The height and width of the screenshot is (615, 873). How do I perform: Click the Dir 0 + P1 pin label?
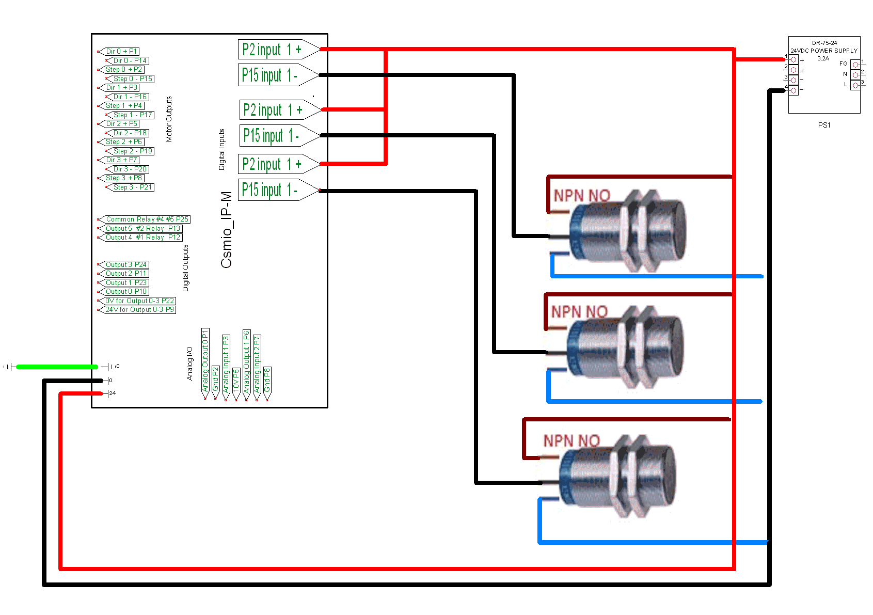coord(121,51)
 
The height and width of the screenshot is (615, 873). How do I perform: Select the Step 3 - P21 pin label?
coord(133,187)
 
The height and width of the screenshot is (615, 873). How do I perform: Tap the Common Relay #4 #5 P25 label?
coord(147,219)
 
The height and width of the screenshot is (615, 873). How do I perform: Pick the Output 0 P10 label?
coord(126,292)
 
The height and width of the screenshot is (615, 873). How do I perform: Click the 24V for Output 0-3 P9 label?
coord(139,310)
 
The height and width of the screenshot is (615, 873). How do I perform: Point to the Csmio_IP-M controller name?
coord(226,230)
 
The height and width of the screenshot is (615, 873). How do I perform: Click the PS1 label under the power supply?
coord(824,125)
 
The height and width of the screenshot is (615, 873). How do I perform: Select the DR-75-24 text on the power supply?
coord(824,43)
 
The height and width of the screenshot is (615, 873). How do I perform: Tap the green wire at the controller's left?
coord(57,367)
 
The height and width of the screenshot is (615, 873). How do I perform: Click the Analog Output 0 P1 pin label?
coord(205,360)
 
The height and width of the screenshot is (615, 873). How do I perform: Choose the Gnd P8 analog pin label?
coord(267,380)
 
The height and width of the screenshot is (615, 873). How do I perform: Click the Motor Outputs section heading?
coord(169,119)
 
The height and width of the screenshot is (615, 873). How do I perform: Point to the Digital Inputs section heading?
coord(222,149)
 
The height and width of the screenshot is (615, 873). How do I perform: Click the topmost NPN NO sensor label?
coord(582,196)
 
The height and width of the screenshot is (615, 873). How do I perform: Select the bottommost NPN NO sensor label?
coord(572,441)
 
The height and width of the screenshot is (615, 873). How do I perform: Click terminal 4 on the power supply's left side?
coord(793,90)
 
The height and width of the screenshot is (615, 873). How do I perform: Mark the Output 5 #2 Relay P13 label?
coord(142,228)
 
